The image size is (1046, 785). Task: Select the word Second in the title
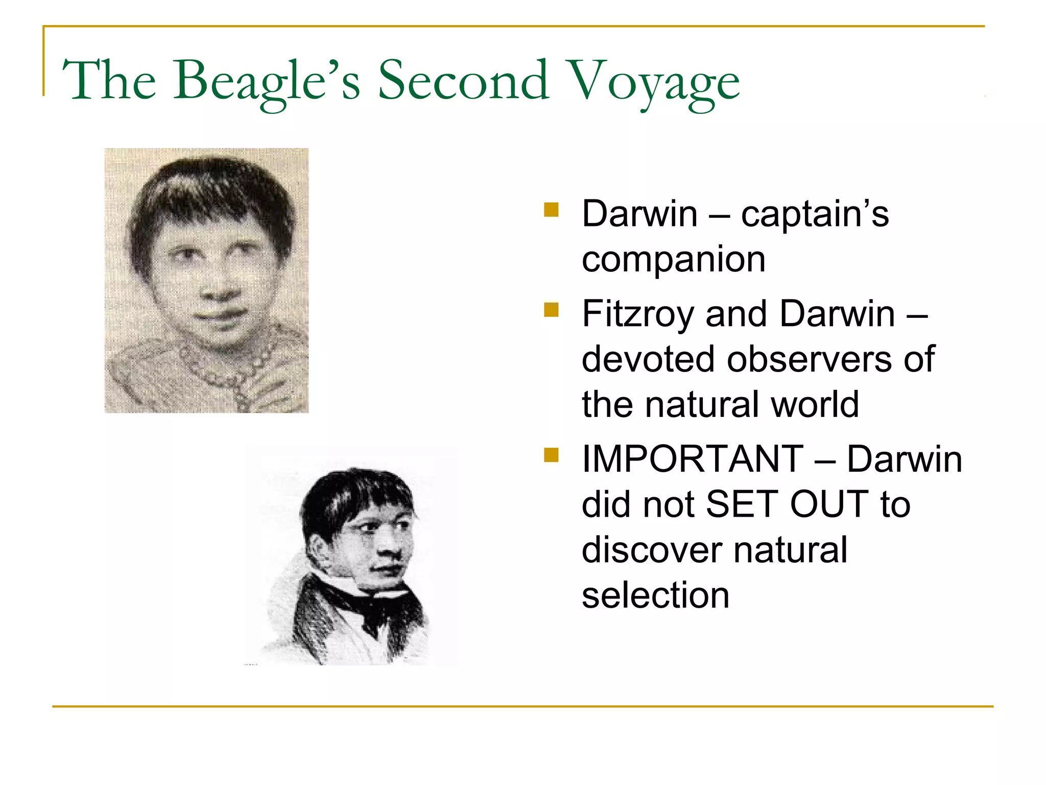464,81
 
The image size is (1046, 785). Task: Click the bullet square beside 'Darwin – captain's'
552,210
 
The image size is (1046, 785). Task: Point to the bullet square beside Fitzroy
552,310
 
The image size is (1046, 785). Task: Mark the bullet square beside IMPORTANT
552,455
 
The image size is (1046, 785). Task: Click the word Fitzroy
638,314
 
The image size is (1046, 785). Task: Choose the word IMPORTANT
693,459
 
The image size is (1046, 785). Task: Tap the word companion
673,260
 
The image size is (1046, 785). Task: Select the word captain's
815,214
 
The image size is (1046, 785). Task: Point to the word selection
655,595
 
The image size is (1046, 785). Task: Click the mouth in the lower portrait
387,570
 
